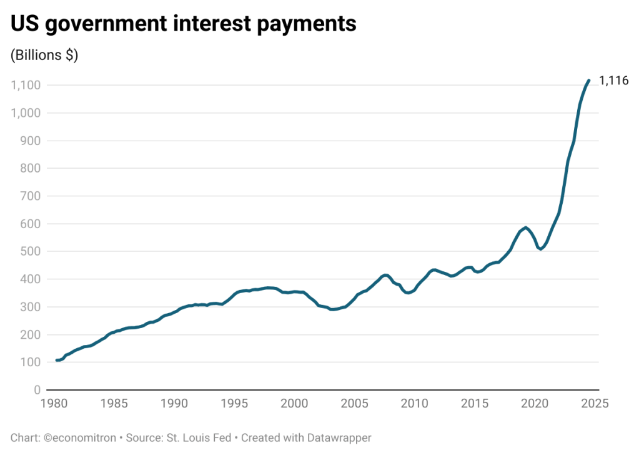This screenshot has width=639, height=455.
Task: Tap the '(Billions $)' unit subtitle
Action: point(44,56)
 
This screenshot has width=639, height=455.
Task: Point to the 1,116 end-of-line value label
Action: point(613,81)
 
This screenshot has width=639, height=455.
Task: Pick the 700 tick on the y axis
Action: point(31,196)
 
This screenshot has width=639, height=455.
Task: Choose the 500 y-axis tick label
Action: point(31,252)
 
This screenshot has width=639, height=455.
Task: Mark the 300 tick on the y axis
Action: point(31,307)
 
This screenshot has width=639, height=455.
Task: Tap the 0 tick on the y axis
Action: point(37,390)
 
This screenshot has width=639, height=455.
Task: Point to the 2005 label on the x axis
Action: point(353,404)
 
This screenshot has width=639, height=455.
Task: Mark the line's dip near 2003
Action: point(333,309)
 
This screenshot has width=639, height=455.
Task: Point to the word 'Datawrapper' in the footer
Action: point(341,437)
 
